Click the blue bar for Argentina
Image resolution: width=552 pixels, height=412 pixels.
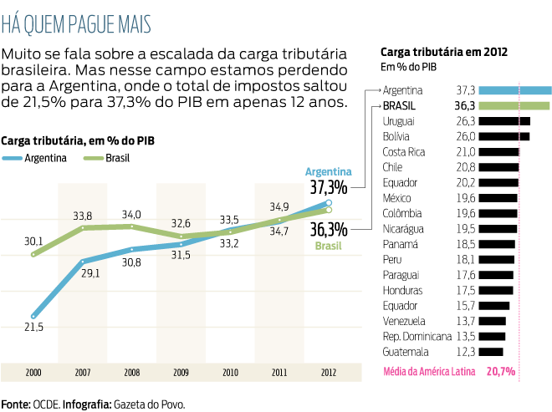516,90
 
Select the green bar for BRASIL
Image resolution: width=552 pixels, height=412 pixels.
515,106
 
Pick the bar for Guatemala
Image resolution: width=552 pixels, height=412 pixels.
493,352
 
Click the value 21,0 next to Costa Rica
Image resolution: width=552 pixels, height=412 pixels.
465,152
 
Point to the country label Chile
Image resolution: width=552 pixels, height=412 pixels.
392,167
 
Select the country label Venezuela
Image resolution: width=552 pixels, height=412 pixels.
405,321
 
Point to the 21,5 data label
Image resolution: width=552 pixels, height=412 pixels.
33,327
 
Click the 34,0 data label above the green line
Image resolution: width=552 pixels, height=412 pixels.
131,215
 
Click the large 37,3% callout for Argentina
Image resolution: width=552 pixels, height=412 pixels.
328,186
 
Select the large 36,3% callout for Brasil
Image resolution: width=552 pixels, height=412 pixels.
328,229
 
